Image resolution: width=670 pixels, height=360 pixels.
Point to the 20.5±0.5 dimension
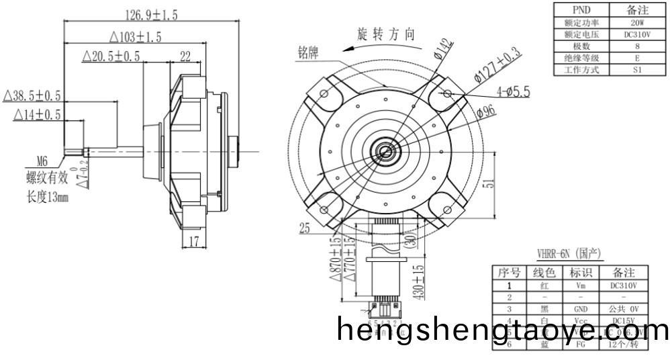[111, 57]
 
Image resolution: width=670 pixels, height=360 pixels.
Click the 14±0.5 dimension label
[37, 116]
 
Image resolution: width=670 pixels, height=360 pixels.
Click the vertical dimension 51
[495, 181]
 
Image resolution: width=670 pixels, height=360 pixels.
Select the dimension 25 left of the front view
[305, 229]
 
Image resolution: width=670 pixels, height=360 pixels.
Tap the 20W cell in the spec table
[636, 22]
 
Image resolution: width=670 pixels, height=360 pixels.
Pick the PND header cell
[581, 10]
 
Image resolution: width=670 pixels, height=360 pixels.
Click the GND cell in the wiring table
[581, 309]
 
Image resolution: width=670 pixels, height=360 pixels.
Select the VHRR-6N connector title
[569, 254]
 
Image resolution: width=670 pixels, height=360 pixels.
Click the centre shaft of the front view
[386, 150]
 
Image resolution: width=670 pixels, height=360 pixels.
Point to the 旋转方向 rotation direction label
[387, 35]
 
